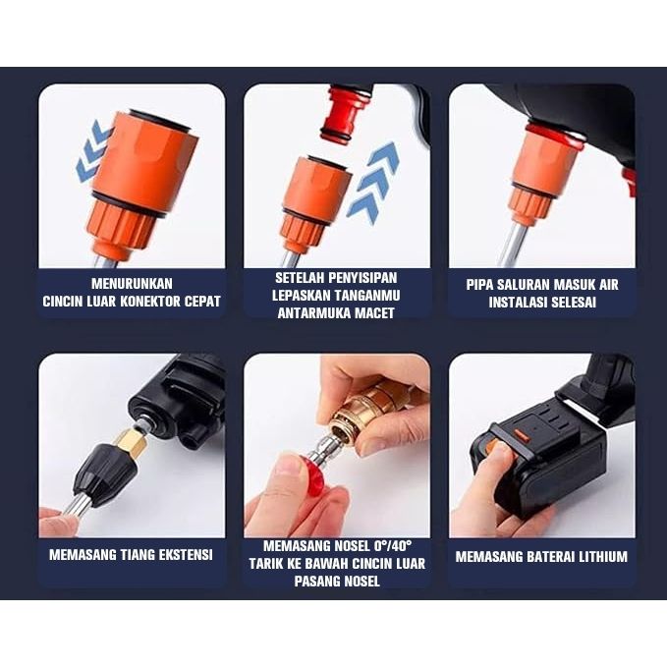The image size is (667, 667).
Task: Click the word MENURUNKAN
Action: pos(132,284)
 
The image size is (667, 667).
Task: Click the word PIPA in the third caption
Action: pos(479,285)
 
